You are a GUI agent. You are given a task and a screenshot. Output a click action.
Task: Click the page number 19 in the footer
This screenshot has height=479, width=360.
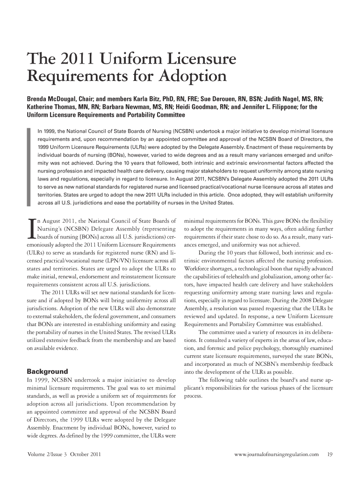click(330, 454)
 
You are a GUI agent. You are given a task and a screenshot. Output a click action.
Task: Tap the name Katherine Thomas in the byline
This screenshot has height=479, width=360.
click(50, 107)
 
